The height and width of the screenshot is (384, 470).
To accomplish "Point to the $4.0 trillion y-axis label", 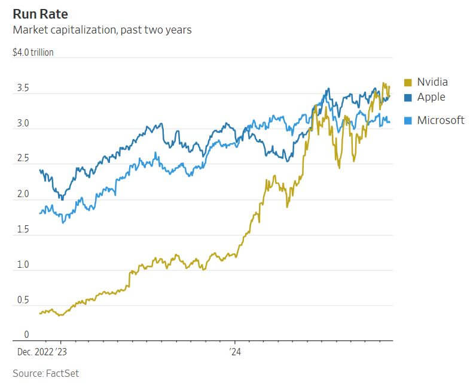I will [x=33, y=53].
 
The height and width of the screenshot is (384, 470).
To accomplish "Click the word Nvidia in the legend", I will [x=432, y=82].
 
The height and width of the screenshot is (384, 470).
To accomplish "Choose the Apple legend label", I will [x=431, y=97].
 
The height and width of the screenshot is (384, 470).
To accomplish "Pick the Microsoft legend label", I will [x=440, y=120].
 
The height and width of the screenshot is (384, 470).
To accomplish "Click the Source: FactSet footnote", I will [x=45, y=374].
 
